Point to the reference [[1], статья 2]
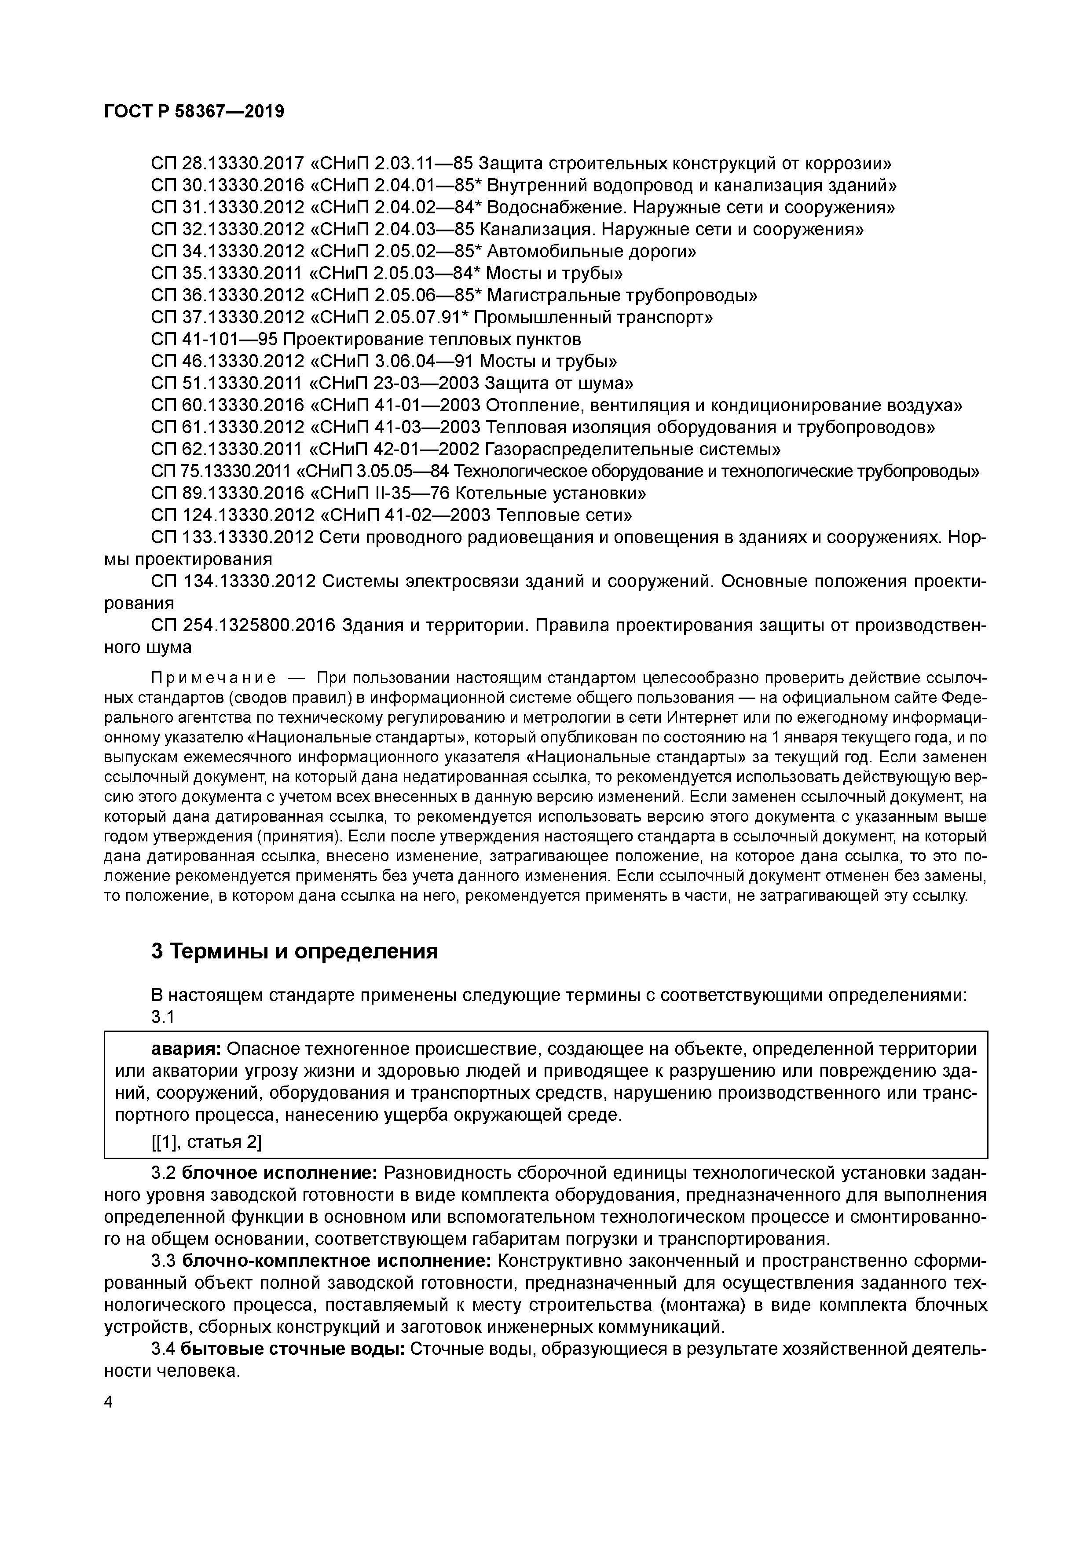[x=206, y=1142]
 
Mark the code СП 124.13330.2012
[x=233, y=516]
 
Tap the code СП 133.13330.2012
[x=233, y=537]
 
